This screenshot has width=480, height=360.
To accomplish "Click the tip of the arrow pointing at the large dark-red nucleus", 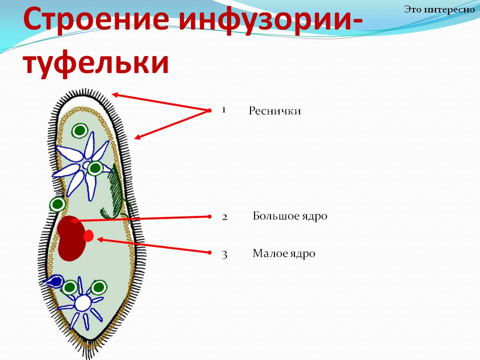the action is [70, 220].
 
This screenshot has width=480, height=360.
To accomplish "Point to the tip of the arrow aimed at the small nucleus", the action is [97, 239].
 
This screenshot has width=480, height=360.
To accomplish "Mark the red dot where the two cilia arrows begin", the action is [209, 110].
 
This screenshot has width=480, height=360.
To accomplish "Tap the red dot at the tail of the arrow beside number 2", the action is [209, 216].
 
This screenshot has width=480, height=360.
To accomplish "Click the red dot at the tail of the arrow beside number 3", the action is [209, 252].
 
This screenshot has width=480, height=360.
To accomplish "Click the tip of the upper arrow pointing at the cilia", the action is [112, 94].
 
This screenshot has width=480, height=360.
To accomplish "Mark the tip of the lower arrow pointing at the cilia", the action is [134, 138].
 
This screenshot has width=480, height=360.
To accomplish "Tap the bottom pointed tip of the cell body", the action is [90, 340].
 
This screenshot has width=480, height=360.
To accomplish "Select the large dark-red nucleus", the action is [71, 238].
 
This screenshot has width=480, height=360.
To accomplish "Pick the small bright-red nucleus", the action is [88, 235].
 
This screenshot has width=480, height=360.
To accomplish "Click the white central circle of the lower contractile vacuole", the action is [83, 303].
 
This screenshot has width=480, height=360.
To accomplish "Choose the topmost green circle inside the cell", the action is [80, 130].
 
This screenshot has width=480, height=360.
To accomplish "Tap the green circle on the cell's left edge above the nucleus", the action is [57, 204].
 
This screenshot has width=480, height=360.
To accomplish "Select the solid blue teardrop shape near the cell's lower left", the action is [54, 281].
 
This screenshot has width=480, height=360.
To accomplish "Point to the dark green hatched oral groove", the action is [116, 193].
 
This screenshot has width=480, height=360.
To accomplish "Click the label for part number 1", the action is [274, 111].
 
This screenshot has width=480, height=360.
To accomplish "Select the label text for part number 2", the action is [290, 216].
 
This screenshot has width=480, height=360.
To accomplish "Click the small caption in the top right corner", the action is [439, 9].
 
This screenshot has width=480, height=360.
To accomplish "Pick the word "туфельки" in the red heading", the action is [96, 63].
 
